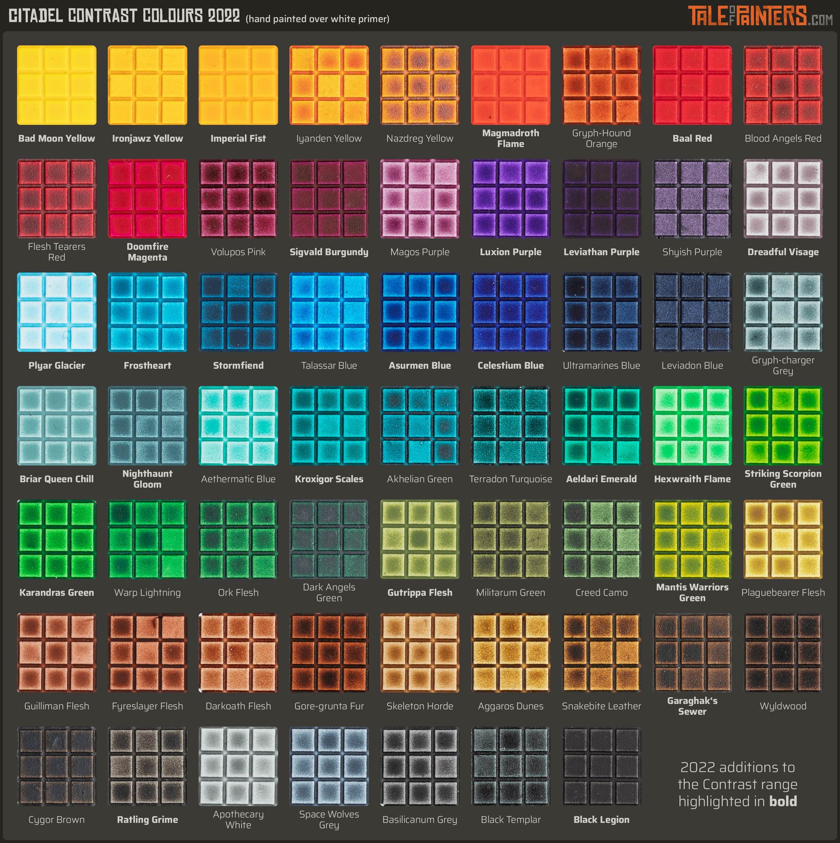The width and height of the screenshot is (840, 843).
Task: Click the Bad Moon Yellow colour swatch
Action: pos(57,85)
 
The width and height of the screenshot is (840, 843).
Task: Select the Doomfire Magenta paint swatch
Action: pos(147,199)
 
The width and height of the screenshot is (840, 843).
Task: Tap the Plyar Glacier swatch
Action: pos(57,312)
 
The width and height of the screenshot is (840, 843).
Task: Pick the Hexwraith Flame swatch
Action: pos(692,425)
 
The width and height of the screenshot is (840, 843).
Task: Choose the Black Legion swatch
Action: pos(601,766)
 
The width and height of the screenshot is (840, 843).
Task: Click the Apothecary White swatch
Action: pos(238,766)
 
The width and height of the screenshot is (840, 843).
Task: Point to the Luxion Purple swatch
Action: pos(511,199)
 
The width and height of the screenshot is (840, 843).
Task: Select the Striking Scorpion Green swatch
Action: pos(783,425)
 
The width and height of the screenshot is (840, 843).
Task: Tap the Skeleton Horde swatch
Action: pos(420,652)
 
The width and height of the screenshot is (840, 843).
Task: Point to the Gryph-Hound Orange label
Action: pos(601,138)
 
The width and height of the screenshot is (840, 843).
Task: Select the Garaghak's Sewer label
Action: pos(692,706)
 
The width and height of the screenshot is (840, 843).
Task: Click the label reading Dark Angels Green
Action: pos(329,593)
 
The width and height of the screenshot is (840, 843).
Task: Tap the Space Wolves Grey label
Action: pos(329,819)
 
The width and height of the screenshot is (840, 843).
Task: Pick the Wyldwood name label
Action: pos(783,706)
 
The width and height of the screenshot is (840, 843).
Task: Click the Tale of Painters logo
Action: pos(760,16)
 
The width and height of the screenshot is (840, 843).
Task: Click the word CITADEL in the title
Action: pos(36,16)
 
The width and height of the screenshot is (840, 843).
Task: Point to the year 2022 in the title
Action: pos(224,16)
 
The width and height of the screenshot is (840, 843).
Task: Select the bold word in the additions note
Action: pos(783,801)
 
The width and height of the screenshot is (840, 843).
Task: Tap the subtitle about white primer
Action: pos(317,19)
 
